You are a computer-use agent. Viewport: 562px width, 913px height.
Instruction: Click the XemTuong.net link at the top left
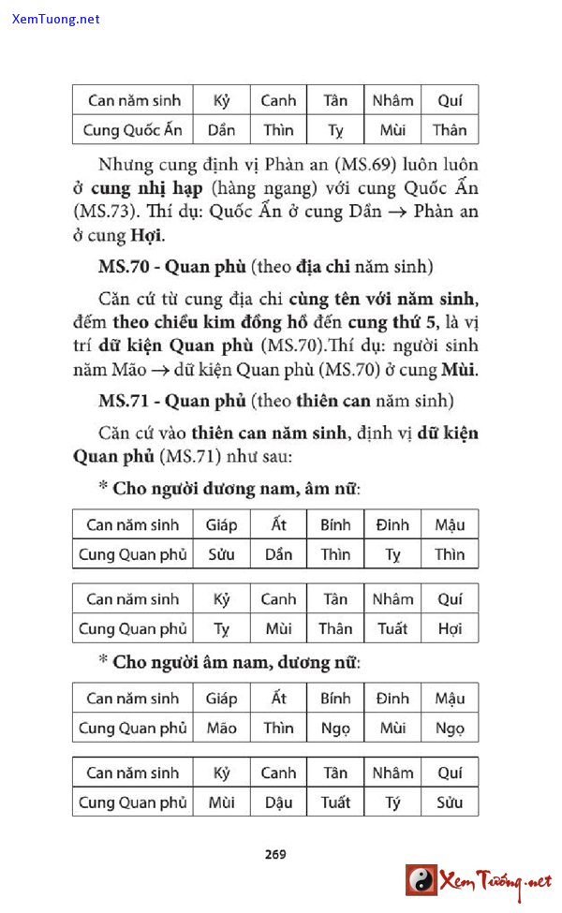coord(56,19)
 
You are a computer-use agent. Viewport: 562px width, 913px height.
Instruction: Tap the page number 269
coord(275,853)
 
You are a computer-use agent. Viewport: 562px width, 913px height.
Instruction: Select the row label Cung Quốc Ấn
coord(133,129)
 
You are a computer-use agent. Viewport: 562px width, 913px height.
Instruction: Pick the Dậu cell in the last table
coord(278,803)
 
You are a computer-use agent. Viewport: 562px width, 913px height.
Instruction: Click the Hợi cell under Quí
coord(450,628)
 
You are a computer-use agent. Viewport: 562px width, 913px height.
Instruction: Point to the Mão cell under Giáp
coord(222,728)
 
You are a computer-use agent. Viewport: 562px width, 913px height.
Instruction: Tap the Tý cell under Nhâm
coord(392,803)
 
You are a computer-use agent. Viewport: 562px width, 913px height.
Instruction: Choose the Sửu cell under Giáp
coord(222,554)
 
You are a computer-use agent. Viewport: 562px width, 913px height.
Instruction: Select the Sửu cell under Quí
coord(450,803)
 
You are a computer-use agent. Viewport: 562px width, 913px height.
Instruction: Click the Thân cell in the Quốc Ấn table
coord(450,129)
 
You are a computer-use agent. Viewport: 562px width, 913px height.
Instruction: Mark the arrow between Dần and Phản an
coord(397,212)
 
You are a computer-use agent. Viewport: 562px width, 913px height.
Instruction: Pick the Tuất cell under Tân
coord(335,803)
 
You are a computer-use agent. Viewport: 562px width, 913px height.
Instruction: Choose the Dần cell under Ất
coord(278,554)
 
